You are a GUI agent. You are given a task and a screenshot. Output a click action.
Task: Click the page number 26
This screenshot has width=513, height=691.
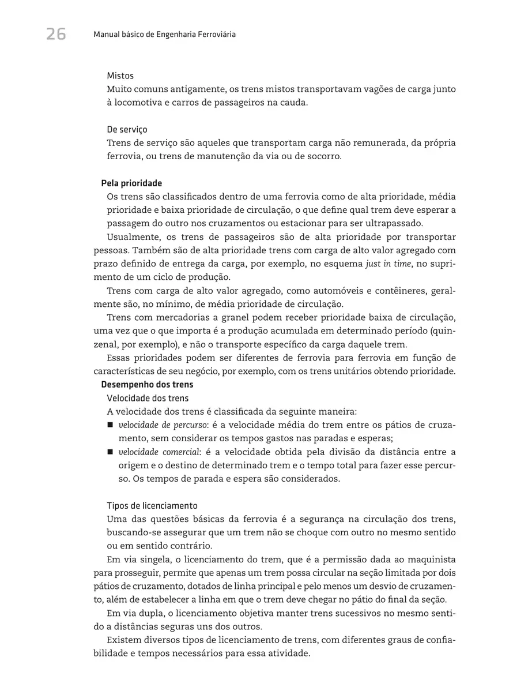(x=56, y=35)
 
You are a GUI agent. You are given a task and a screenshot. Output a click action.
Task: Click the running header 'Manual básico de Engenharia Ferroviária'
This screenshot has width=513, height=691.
(x=164, y=35)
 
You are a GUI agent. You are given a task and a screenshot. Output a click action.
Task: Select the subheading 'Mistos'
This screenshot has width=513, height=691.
(x=120, y=76)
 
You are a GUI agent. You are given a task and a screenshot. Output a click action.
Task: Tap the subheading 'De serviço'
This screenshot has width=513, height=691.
(x=127, y=130)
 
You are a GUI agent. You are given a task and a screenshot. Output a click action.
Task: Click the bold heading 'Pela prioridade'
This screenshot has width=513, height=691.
(x=131, y=183)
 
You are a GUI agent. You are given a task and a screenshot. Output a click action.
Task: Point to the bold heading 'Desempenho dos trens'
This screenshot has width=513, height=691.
(x=147, y=385)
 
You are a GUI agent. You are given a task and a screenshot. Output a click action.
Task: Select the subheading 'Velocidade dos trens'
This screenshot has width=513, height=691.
(x=148, y=398)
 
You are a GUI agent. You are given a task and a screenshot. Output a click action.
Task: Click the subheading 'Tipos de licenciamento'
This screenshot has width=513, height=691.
(x=152, y=506)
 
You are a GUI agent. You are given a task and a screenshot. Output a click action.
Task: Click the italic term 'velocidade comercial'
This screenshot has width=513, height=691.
(x=154, y=452)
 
